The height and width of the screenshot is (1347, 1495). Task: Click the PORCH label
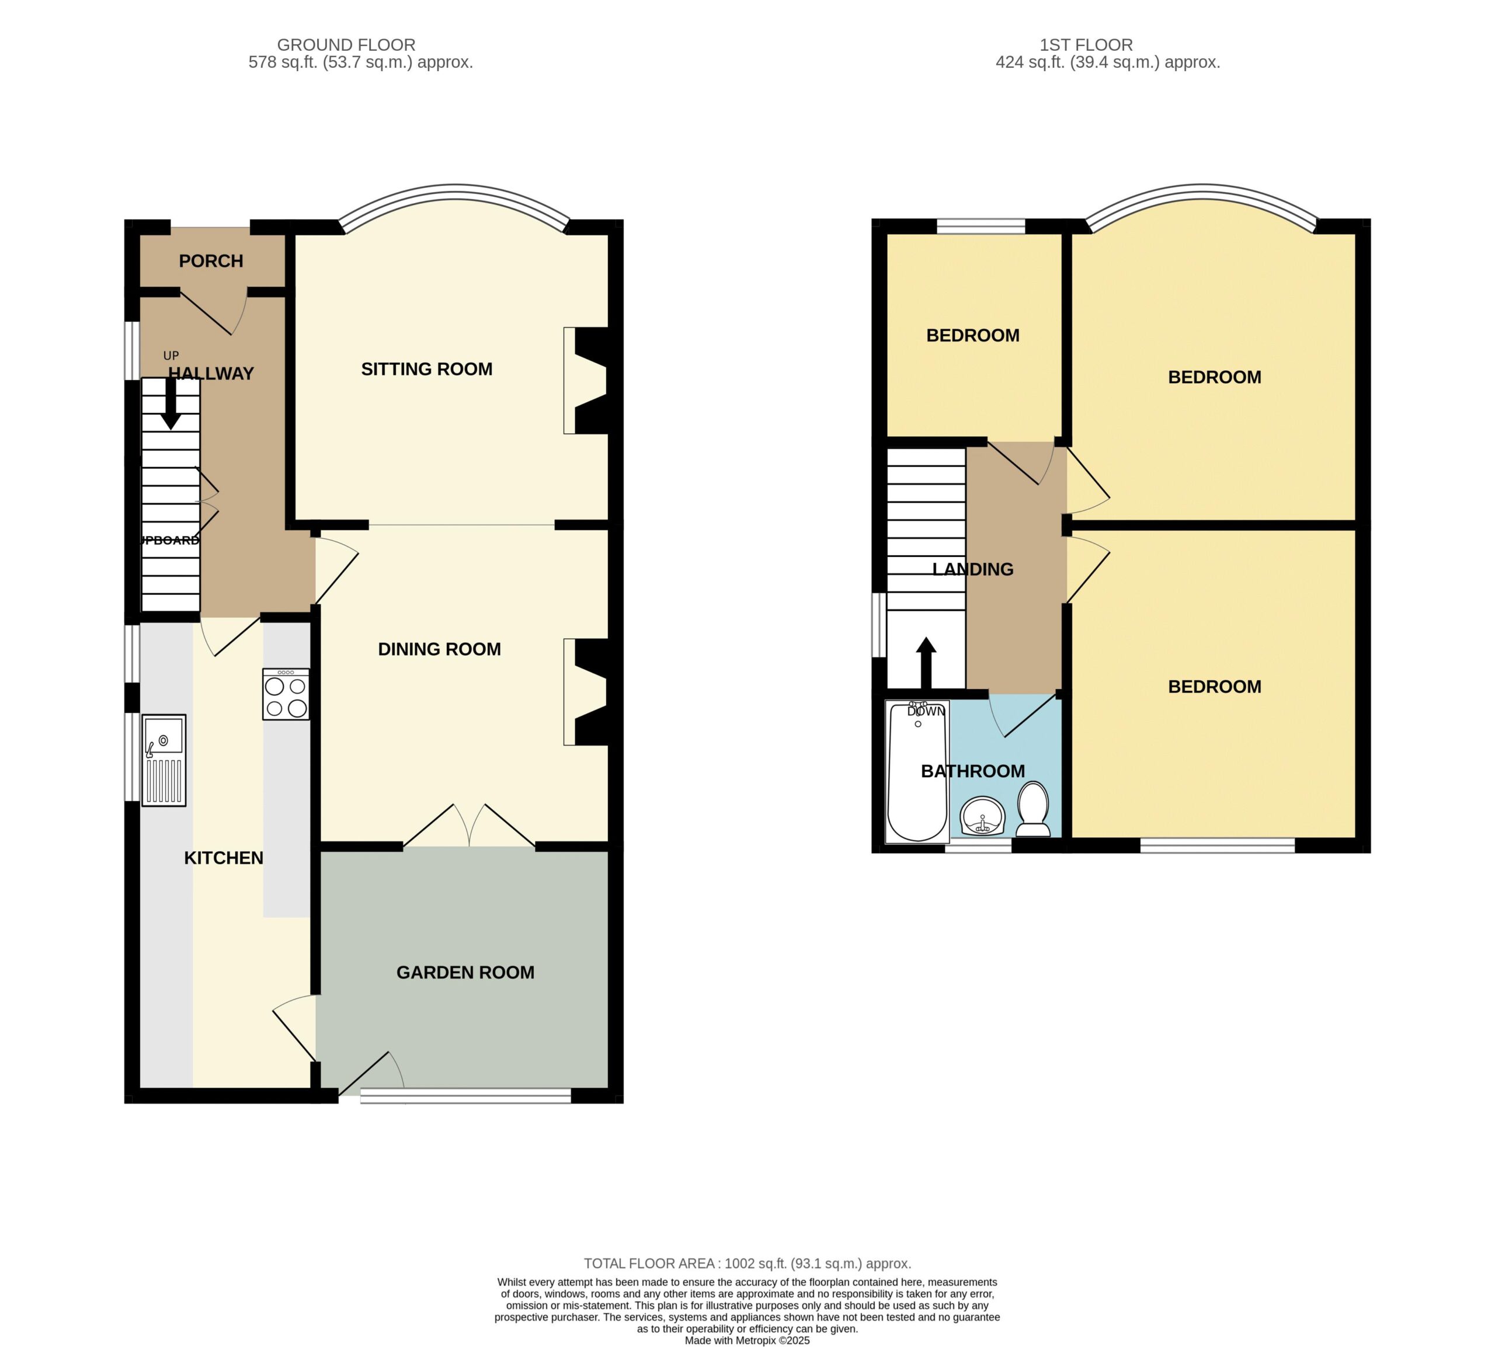coord(211,261)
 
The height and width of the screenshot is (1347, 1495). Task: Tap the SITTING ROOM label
coord(426,370)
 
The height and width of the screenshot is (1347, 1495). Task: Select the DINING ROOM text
coord(439,649)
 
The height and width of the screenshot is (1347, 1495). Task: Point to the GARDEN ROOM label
coord(465,973)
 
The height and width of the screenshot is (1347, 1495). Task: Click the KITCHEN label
coord(224,858)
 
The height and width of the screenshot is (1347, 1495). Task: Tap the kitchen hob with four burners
coord(286,694)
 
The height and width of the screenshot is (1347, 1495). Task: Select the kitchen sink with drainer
coord(164,760)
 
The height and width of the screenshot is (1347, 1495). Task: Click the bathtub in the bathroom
coord(917,772)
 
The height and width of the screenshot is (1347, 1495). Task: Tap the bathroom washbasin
coord(982,817)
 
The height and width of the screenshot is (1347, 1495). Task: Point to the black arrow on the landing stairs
coord(926,662)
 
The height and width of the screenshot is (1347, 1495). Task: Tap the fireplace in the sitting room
coord(585,381)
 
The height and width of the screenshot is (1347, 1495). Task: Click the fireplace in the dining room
coord(585,692)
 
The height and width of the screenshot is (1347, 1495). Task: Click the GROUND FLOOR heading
coord(346,45)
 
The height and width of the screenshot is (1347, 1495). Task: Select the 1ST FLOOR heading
coord(1086,45)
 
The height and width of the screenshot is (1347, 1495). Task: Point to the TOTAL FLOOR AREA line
coord(747,1264)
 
